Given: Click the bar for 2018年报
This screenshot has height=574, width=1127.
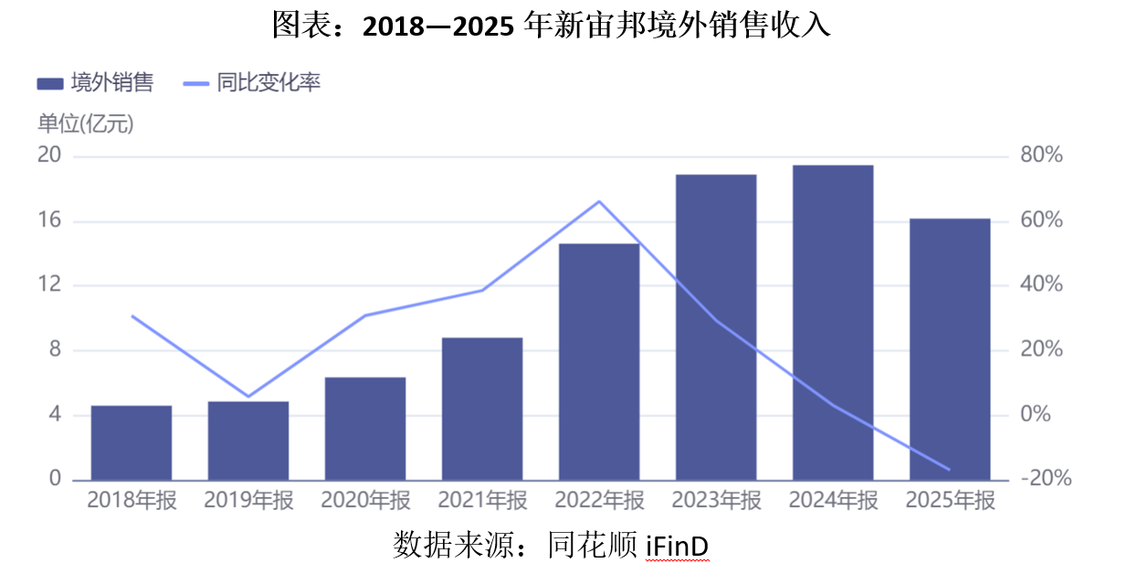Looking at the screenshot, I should [x=132, y=442].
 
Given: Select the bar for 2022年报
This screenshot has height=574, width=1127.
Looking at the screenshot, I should [x=599, y=362].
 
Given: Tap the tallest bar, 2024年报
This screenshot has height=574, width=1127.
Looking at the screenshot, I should [x=833, y=323].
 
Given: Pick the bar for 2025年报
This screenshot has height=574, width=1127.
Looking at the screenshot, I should [x=950, y=349].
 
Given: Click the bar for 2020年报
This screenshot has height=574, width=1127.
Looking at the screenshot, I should [x=365, y=429].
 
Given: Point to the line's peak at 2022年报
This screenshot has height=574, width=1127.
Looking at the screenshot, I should [x=599, y=201].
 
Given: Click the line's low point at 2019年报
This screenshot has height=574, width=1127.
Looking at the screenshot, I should [x=248, y=397].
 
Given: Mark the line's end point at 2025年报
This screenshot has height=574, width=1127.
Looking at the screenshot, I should [x=950, y=470].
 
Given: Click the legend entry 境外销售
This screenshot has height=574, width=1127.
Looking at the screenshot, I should [x=95, y=83].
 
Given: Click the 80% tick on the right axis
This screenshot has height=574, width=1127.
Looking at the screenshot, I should [x=1041, y=155].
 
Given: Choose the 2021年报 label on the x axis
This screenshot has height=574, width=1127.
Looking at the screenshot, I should [x=482, y=501].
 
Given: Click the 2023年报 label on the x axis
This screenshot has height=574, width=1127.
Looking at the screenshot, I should [x=716, y=501].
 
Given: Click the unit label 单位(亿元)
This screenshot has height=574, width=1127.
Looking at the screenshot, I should [x=85, y=124].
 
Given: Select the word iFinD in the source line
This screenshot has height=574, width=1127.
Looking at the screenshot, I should [x=677, y=546].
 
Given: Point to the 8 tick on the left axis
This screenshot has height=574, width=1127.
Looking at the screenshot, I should [x=55, y=349].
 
